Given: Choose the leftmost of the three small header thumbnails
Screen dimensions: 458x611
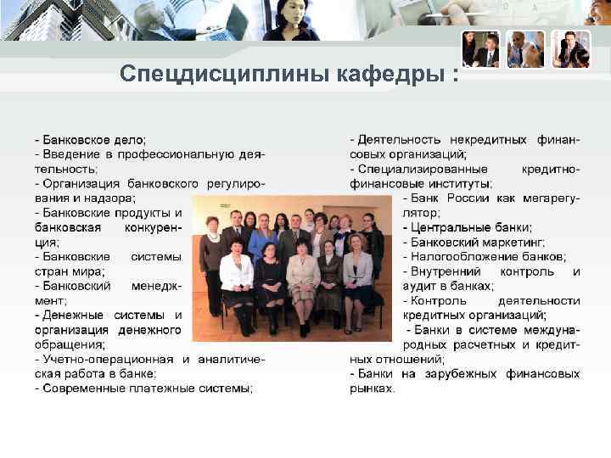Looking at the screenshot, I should click(480, 49).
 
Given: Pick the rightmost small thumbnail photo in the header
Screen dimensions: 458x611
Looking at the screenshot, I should click(571, 49).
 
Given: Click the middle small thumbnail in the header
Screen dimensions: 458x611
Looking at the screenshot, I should click(525, 49).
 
